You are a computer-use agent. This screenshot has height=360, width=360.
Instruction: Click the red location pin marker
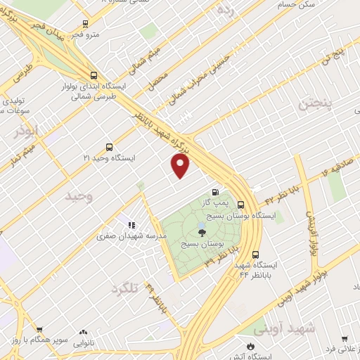click(181, 166)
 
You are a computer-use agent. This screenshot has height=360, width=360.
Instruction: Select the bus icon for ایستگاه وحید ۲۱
click(108, 147)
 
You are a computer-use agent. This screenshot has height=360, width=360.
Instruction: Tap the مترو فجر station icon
click(85, 22)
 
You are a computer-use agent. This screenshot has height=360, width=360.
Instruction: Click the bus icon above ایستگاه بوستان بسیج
click(241, 205)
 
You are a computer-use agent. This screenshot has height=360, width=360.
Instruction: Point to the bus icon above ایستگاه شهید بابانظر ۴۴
click(255, 255)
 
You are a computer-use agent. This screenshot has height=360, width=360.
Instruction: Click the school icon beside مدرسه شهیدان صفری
click(131, 225)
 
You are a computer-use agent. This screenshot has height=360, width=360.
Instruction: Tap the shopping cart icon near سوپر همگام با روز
click(39, 329)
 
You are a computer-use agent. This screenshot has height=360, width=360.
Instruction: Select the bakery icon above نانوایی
click(84, 332)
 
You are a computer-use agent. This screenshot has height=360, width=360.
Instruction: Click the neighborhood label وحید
click(79, 196)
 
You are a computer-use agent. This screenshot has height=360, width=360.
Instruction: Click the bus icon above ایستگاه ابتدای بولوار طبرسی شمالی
click(94, 75)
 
